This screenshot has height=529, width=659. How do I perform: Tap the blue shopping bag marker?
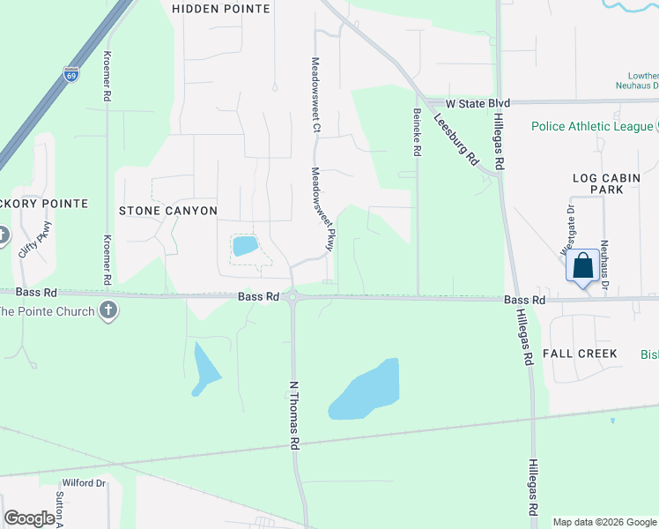(583, 265)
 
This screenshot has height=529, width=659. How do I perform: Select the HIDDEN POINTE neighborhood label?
(221, 8)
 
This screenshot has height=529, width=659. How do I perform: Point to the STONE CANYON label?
(168, 211)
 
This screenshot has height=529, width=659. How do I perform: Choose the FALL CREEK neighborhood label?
(580, 354)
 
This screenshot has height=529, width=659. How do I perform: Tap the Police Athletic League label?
(592, 126)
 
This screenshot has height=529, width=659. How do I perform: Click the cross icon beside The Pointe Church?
(107, 310)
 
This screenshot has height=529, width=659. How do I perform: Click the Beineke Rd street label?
(417, 132)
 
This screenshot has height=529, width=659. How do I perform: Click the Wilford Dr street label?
(84, 483)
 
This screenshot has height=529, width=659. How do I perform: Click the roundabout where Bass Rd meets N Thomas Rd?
(293, 298)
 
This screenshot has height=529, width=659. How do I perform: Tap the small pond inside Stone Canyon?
(245, 246)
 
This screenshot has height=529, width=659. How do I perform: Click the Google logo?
(30, 518)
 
